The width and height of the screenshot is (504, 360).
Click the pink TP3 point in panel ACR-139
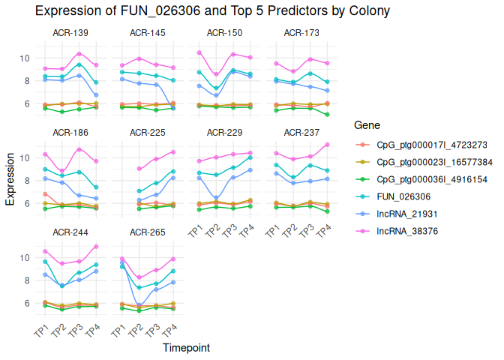click(79, 54)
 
